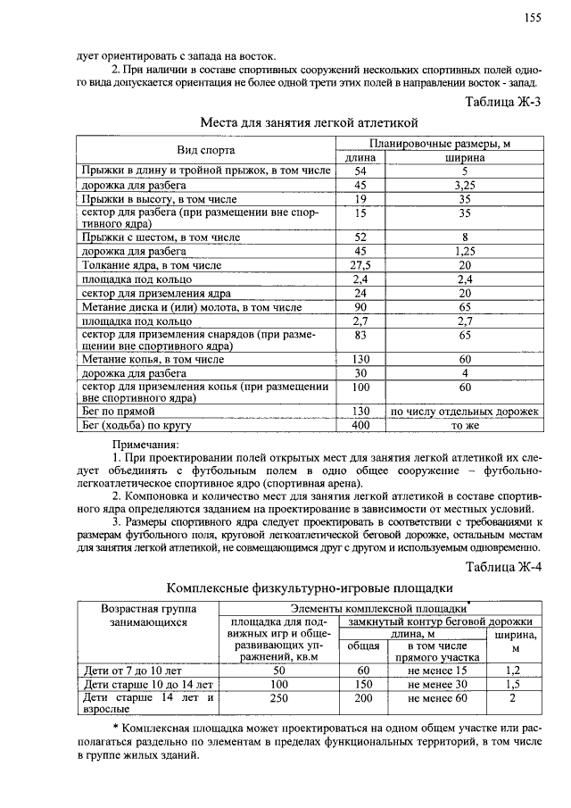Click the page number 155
tap(534, 18)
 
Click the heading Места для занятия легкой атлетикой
tap(308, 121)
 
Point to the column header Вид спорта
tap(204, 149)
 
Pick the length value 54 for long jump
tap(361, 170)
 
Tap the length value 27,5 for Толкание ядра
tap(361, 265)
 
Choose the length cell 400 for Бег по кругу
tap(361, 426)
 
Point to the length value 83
tap(361, 334)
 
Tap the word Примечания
tap(145, 444)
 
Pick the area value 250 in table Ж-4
tap(279, 698)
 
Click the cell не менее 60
tap(437, 698)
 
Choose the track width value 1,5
tap(511, 684)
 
